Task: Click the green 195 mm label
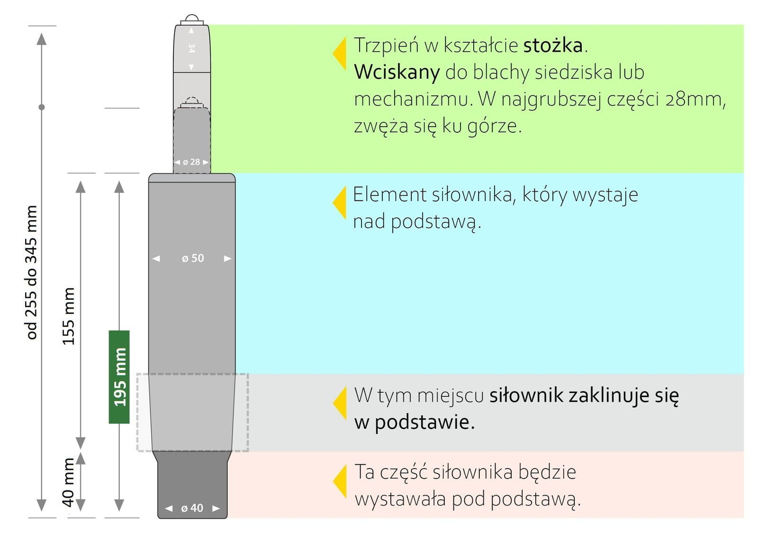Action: (x=119, y=377)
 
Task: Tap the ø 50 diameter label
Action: (x=193, y=258)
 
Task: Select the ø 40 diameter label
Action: (x=192, y=508)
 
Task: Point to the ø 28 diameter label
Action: (x=191, y=162)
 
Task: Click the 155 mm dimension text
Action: (x=68, y=316)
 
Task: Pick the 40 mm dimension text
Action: (x=68, y=482)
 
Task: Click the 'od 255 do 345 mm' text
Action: (x=31, y=272)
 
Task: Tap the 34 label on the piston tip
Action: (x=191, y=48)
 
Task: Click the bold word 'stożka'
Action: (x=553, y=45)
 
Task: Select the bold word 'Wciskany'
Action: (x=397, y=72)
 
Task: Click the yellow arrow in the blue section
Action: (x=339, y=203)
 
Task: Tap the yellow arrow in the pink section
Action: (x=340, y=481)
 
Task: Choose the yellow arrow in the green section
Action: (x=339, y=53)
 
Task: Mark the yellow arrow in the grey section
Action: (x=340, y=403)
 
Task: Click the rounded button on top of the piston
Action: (x=192, y=18)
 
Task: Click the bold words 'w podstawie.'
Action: (x=415, y=423)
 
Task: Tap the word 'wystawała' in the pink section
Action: (x=400, y=499)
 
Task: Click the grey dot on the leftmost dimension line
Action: (x=42, y=107)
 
